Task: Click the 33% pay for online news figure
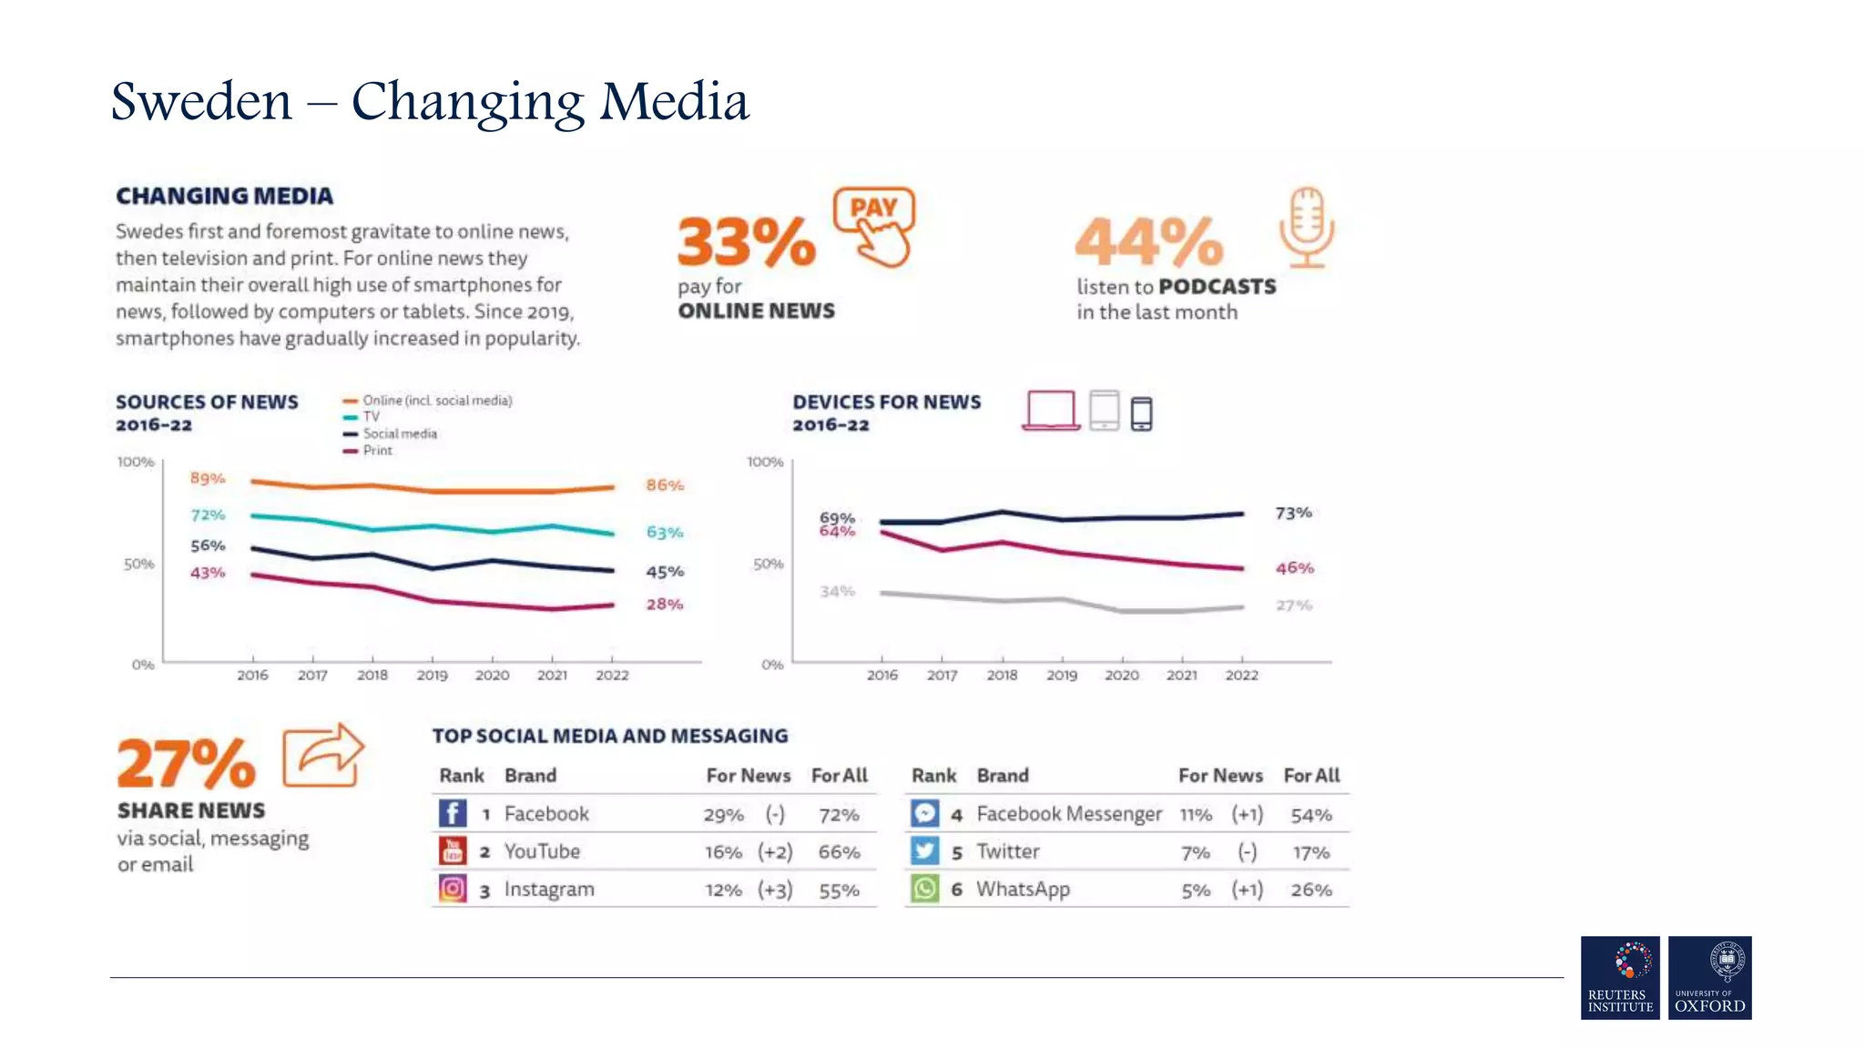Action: click(x=746, y=242)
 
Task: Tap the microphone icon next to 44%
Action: click(x=1306, y=228)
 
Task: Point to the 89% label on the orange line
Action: click(x=208, y=478)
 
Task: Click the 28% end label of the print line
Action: click(x=664, y=605)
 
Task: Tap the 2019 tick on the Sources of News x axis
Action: click(x=432, y=676)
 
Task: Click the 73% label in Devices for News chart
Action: click(x=1293, y=514)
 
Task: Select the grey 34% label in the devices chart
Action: click(x=837, y=592)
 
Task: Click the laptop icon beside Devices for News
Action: click(x=1050, y=411)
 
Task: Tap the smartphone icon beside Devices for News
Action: click(x=1141, y=414)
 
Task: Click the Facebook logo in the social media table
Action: click(x=453, y=813)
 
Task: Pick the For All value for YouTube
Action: click(x=839, y=852)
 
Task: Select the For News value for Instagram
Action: click(x=723, y=891)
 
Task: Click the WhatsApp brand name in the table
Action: click(x=1023, y=890)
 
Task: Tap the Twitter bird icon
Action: click(x=924, y=851)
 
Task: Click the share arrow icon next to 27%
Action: click(x=323, y=755)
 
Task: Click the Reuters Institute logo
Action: click(x=1620, y=977)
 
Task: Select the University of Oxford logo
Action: click(x=1709, y=977)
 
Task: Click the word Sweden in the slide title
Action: click(x=201, y=102)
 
